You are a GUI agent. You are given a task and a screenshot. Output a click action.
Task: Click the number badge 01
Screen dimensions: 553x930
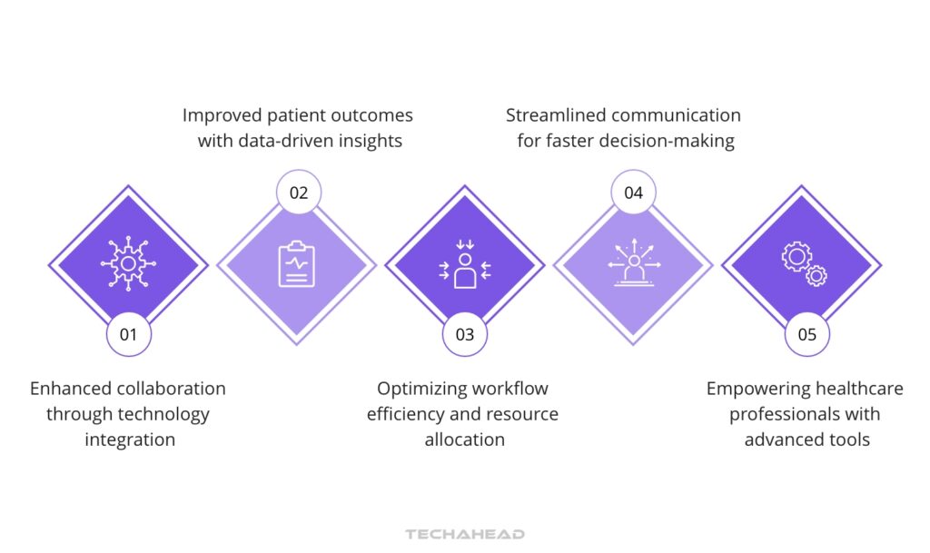pos(128,334)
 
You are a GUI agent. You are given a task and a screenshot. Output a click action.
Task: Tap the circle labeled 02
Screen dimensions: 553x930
pos(298,193)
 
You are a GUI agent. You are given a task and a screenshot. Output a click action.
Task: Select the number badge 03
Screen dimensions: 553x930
pos(465,334)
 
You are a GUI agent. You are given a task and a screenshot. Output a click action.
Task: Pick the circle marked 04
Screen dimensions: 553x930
pos(633,193)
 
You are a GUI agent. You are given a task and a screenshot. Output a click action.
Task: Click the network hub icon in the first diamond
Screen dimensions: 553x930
pos(128,264)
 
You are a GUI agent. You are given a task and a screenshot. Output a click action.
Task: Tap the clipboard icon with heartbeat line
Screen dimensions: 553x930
pos(296,264)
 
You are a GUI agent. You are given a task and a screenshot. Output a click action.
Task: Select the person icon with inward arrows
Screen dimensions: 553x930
pos(465,264)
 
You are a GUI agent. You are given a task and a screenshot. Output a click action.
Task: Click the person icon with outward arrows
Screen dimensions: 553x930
pos(633,264)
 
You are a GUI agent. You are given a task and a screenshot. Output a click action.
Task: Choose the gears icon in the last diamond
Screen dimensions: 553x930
pos(804,264)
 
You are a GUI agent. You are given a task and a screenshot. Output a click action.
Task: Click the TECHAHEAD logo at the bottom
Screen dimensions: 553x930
pos(465,534)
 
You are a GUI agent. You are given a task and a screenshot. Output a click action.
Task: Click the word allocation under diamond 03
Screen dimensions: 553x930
pos(464,439)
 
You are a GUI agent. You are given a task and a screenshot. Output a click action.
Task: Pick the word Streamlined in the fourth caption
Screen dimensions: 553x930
pos(555,115)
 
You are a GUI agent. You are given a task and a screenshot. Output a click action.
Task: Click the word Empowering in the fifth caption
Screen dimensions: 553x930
pos(752,389)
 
